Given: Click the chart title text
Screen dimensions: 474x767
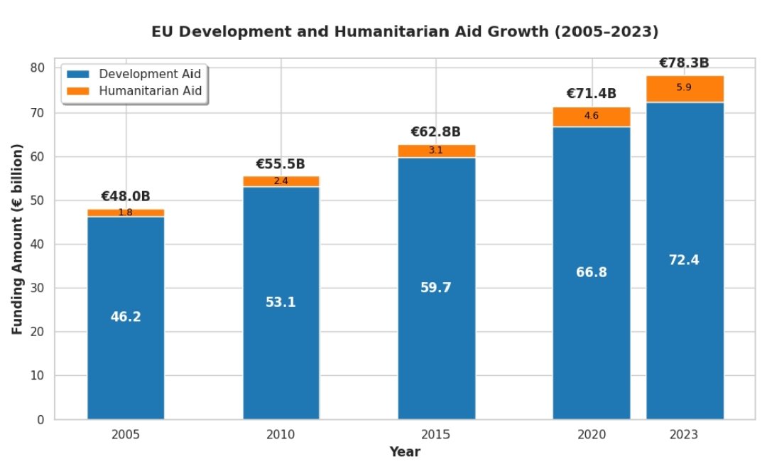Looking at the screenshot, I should [405, 32].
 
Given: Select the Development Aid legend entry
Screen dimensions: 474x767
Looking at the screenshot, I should [150, 74].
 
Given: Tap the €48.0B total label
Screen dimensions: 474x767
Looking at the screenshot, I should [126, 197].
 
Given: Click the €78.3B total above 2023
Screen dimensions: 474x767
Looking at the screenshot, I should [684, 63].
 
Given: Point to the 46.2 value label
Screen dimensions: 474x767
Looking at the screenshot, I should [126, 317].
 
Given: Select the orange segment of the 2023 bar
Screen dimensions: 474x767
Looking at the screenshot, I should [685, 89].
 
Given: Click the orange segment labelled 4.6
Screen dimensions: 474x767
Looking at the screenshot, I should [591, 117].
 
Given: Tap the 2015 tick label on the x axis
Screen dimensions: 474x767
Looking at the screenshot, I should [436, 434].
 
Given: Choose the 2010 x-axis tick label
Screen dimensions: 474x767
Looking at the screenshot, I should [281, 434].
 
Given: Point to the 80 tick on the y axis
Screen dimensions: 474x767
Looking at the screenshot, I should [38, 68].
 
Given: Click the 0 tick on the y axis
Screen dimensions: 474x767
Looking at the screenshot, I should [41, 419].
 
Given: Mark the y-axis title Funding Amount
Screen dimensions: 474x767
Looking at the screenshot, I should [18, 239].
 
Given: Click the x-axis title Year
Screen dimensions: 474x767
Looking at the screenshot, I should [405, 452].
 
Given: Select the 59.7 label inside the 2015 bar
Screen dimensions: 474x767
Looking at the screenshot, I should [436, 288].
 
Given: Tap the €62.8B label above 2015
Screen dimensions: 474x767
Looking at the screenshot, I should [436, 132].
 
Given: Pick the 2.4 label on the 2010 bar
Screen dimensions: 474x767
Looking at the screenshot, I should [281, 181].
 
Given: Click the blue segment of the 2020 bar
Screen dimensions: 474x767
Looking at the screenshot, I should [591, 320].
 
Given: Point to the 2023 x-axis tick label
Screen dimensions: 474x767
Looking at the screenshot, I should [684, 434].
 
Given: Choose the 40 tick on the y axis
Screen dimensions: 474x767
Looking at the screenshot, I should [38, 244].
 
